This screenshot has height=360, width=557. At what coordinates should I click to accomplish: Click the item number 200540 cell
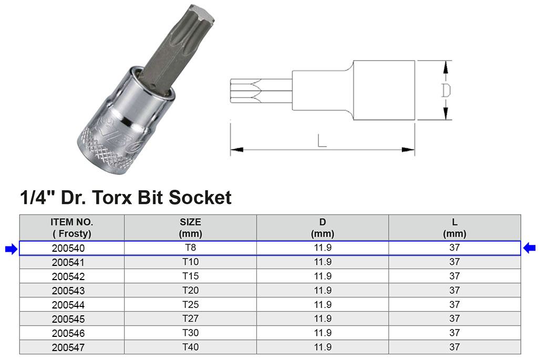tap(68, 248)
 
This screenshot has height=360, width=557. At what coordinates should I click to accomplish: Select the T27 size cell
tap(190, 318)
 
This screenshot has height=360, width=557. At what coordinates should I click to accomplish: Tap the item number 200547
tap(68, 347)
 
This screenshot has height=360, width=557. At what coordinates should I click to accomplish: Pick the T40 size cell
tap(190, 347)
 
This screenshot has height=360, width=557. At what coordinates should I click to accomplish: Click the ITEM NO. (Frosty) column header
tap(72, 228)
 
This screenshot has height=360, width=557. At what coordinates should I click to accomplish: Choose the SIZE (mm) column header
tap(190, 228)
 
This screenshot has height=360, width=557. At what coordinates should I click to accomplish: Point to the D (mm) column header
tap(323, 228)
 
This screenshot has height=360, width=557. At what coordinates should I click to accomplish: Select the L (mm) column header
tap(455, 228)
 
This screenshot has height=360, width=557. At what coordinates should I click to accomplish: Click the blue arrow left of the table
tap(12, 249)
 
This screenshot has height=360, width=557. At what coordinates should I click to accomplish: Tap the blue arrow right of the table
tap(529, 248)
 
